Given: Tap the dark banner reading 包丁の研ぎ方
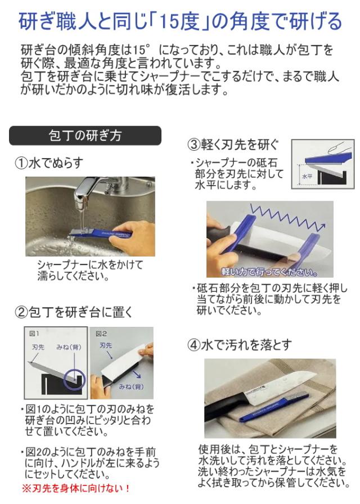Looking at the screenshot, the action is click(85, 136).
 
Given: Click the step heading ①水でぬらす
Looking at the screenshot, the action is click(49, 163).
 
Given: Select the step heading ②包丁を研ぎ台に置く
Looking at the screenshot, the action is click(74, 312).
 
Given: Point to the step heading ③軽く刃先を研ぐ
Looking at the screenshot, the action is click(233, 145).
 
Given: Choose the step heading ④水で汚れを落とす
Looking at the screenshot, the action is click(240, 345).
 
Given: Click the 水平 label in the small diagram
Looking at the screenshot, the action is click(307, 176).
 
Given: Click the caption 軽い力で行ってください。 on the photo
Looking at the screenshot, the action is click(269, 273).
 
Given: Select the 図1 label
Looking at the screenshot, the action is click(34, 334).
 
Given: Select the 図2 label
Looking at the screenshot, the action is click(101, 334).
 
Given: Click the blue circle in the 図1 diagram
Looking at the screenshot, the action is click(74, 380).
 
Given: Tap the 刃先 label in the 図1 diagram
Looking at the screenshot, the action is click(38, 347).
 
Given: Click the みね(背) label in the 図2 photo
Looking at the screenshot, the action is click(131, 386).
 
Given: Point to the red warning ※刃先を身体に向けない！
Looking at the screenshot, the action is click(76, 489).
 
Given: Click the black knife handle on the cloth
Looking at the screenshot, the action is click(224, 409).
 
